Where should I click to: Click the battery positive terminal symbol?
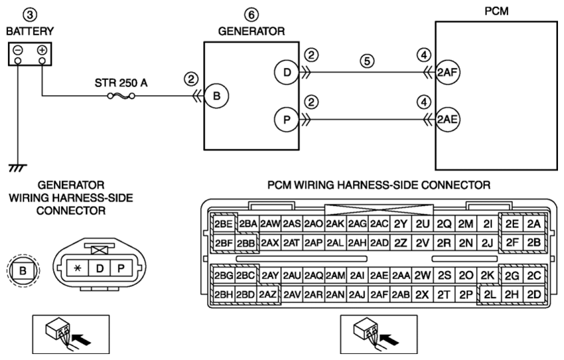(42, 50)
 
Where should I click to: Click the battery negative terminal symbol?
(18, 50)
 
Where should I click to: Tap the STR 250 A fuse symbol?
(121, 96)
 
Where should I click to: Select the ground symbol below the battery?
(17, 168)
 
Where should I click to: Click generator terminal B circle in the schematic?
(216, 96)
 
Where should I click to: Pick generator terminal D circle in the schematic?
(287, 73)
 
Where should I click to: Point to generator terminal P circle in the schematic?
(287, 119)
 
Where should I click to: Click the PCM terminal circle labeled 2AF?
(447, 73)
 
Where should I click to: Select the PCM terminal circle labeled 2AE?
(447, 119)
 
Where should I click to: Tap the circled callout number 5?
(367, 61)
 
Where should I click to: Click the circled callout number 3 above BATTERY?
(30, 15)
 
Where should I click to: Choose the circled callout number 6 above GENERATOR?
(252, 15)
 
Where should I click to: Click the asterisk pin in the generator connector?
(77, 268)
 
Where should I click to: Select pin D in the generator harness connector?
(99, 268)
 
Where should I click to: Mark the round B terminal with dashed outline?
(23, 270)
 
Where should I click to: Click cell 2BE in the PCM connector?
(224, 224)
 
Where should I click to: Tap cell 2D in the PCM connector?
(534, 295)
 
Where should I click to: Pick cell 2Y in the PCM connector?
(401, 224)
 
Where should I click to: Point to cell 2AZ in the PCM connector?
(268, 295)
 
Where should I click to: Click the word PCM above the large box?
(496, 11)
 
